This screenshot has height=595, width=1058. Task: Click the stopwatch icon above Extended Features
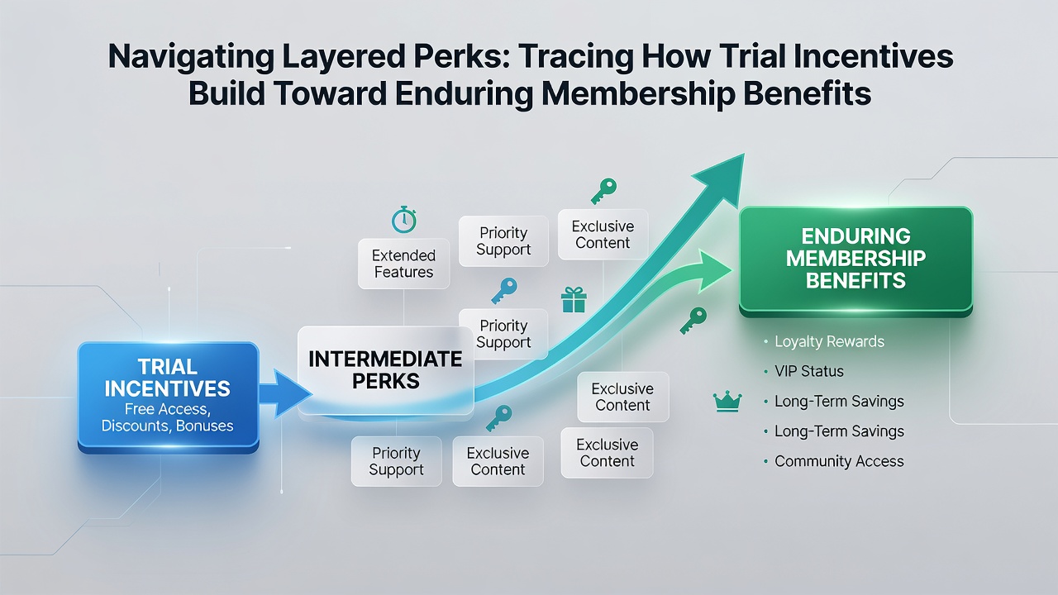404,220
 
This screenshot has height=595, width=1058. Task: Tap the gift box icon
574,300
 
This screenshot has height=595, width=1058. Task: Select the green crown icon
727,402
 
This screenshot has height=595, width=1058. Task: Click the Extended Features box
403,264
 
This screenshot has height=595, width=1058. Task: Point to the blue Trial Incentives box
168,397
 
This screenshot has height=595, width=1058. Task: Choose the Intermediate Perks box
385,370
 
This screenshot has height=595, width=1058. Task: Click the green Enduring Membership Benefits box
855,260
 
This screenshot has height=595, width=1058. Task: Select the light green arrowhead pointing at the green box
713,270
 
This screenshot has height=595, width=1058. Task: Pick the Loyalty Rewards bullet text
829,341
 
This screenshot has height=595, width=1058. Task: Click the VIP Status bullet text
809,371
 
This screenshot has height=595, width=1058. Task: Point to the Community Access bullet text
839,461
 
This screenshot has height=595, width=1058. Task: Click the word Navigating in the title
191,57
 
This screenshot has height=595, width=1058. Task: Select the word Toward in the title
330,93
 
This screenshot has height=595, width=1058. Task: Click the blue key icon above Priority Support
504,290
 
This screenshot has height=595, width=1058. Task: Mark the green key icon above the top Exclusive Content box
603,191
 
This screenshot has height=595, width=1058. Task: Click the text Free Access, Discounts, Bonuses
167,417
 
